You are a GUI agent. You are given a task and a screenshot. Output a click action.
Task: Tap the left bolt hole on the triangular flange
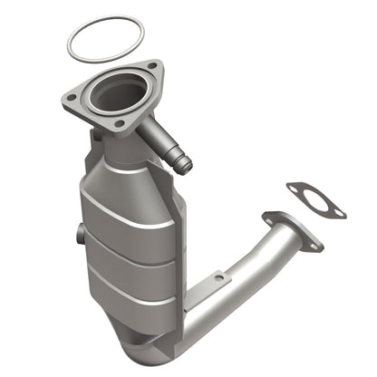pyautogui.click(x=71, y=95)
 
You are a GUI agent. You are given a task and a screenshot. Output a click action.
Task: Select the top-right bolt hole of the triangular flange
pyautogui.click(x=151, y=69)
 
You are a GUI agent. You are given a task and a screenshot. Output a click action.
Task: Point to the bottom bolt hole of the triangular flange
pyautogui.click(x=119, y=123)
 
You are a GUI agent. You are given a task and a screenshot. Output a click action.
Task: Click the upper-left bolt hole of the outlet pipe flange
pyautogui.click(x=269, y=217)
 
